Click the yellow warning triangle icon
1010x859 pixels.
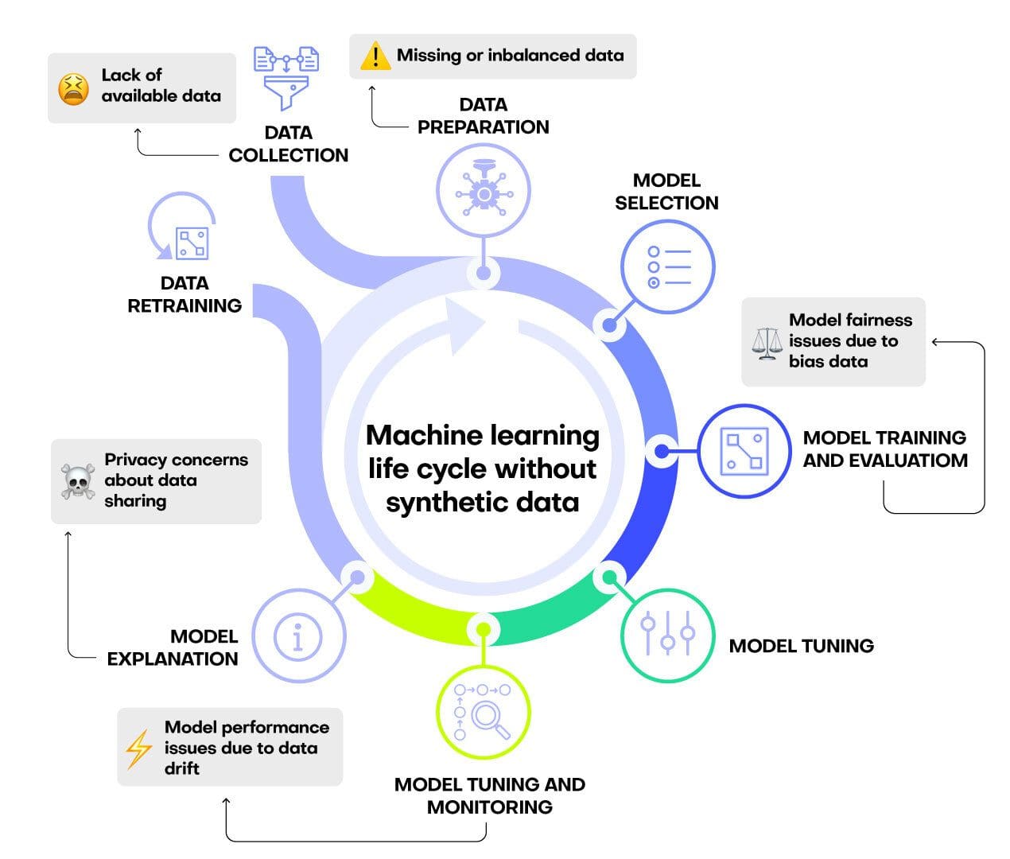(x=374, y=56)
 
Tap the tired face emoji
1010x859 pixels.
(x=73, y=88)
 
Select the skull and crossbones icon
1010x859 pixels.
(x=78, y=481)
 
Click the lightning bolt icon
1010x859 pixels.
(x=139, y=748)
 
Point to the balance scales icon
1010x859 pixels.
(x=767, y=343)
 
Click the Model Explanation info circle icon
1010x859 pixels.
(x=298, y=636)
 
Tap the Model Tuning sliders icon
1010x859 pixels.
(x=667, y=635)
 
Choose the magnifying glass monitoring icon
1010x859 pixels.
(x=483, y=712)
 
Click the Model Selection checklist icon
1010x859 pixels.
(x=667, y=267)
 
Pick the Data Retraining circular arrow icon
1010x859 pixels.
(x=184, y=230)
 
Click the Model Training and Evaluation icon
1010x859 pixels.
(x=744, y=451)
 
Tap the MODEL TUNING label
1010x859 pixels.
(x=801, y=646)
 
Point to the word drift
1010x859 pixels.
(x=181, y=768)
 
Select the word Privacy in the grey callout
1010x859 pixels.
(x=135, y=460)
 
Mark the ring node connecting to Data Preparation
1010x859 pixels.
(x=483, y=273)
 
